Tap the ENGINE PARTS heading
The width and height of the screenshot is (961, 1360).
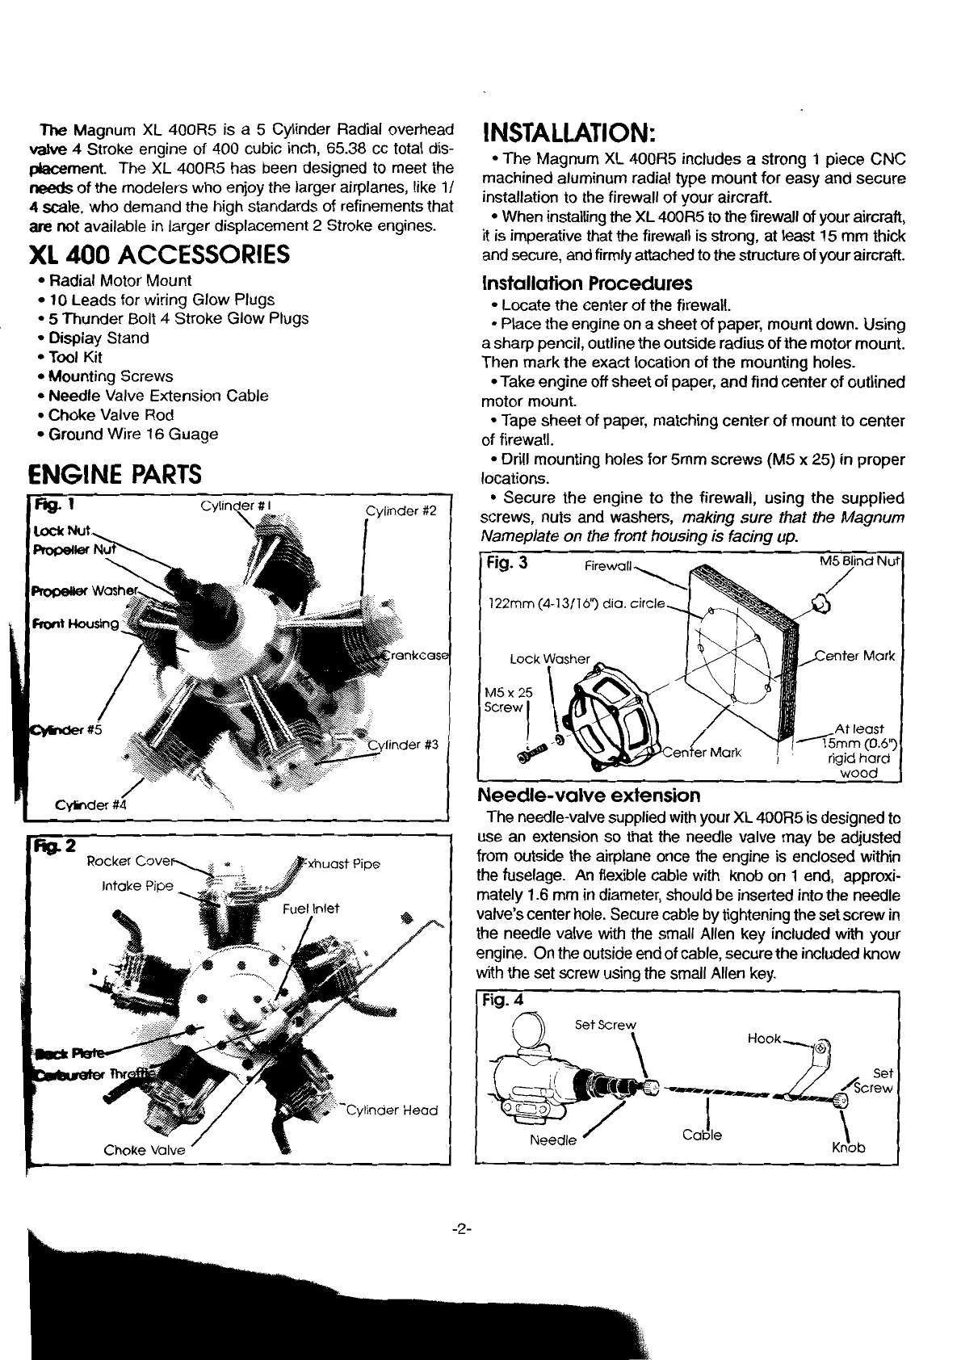[x=114, y=472]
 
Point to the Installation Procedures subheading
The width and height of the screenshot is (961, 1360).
[x=587, y=284]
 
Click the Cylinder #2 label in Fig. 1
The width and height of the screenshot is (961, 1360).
[x=401, y=510]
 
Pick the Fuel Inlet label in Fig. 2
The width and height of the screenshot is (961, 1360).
[x=311, y=908]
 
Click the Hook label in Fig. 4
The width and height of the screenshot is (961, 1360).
[x=764, y=1039]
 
